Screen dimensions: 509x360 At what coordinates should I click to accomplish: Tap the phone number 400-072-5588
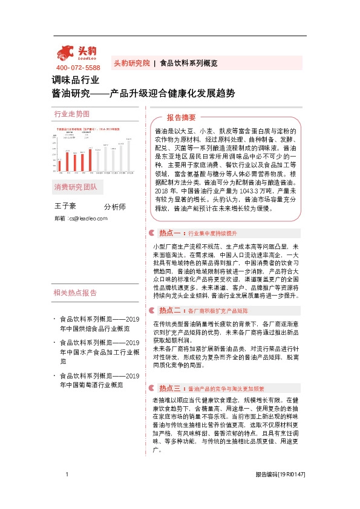pos(78,68)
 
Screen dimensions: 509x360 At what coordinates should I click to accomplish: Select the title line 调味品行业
pos(75,80)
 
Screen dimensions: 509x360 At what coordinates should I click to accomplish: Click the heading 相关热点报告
pos(75,293)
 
